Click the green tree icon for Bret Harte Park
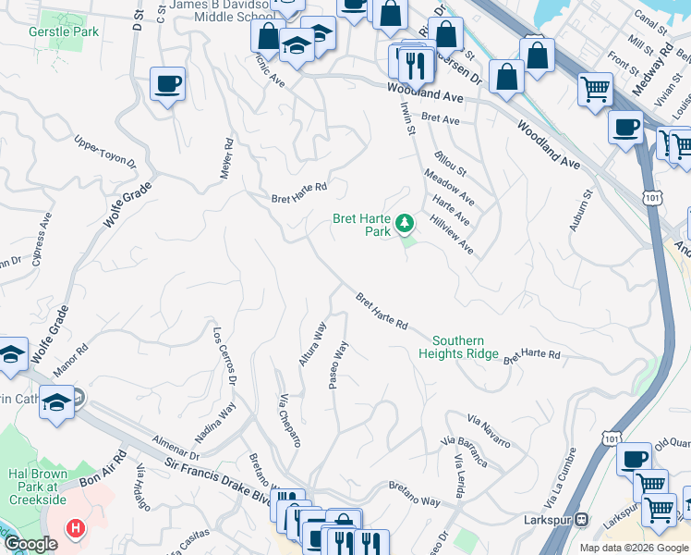[x=404, y=223]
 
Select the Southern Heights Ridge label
[x=458, y=347]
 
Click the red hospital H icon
[x=77, y=529]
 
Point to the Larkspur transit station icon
[x=582, y=521]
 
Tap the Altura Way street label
[x=312, y=344]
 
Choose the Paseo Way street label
[x=339, y=365]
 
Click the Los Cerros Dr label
[x=225, y=356]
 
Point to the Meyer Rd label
[x=227, y=158]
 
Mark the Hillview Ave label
[x=452, y=235]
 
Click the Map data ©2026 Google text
[x=633, y=548]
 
